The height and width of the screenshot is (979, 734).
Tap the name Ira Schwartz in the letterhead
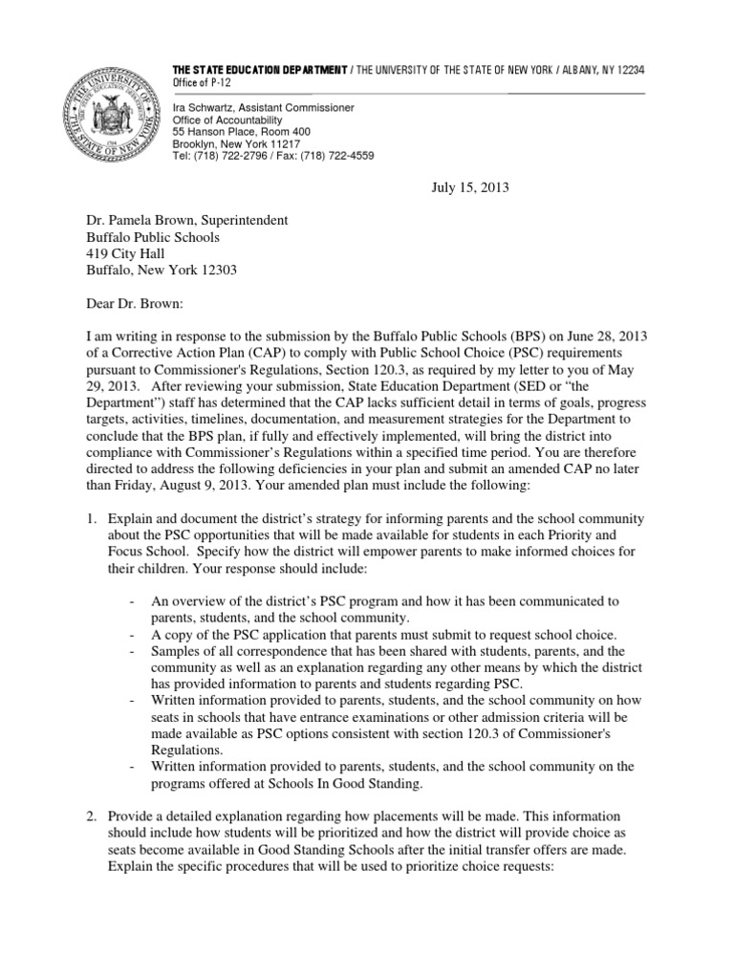pyautogui.click(x=202, y=109)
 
